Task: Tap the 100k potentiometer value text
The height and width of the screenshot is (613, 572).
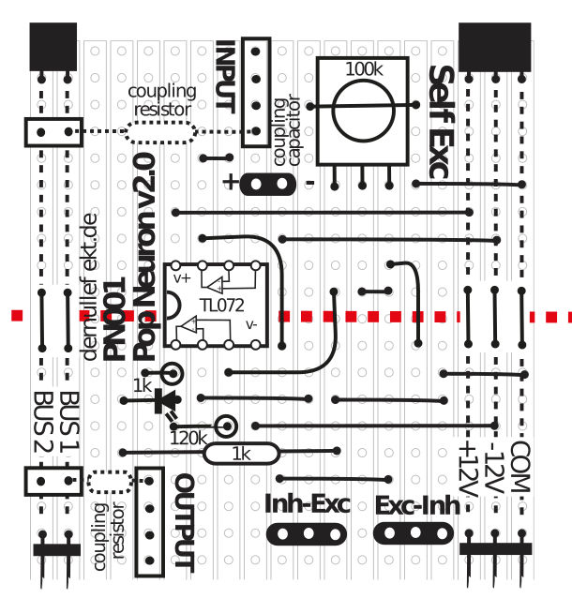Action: (364, 69)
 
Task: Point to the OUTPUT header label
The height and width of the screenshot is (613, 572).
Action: (185, 523)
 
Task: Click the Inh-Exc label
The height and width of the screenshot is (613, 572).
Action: (307, 505)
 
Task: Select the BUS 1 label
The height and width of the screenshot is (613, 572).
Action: (69, 421)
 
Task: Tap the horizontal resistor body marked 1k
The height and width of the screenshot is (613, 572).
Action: (242, 455)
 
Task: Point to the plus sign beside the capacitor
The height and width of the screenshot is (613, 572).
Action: (230, 183)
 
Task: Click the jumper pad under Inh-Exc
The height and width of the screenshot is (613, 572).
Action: (308, 534)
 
